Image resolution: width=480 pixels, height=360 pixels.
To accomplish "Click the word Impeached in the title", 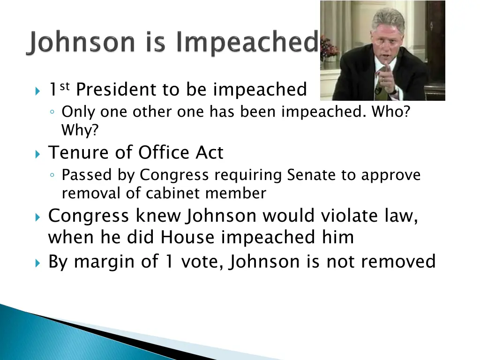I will [246, 44].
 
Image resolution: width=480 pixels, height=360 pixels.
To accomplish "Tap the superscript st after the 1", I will [65, 84].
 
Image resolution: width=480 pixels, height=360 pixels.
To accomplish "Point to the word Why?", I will [80, 130].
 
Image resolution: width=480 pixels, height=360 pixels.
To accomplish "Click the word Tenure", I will [75, 152].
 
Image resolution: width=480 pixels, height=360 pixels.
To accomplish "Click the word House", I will [187, 237].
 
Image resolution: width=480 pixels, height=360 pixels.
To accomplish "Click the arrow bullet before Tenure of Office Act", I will [37, 154].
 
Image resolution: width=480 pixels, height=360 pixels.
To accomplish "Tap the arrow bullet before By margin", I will [37, 262].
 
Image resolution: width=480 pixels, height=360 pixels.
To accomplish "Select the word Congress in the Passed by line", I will [174, 175].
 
